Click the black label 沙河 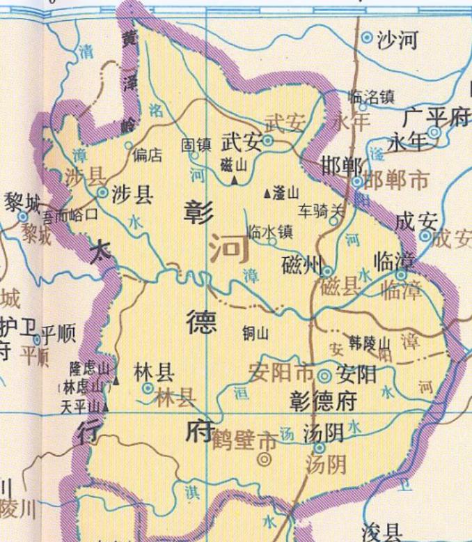point(398,40)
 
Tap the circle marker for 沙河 point(368,38)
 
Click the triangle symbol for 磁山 point(234,180)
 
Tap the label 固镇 point(196,144)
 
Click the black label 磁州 point(301,265)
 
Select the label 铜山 point(255,333)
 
